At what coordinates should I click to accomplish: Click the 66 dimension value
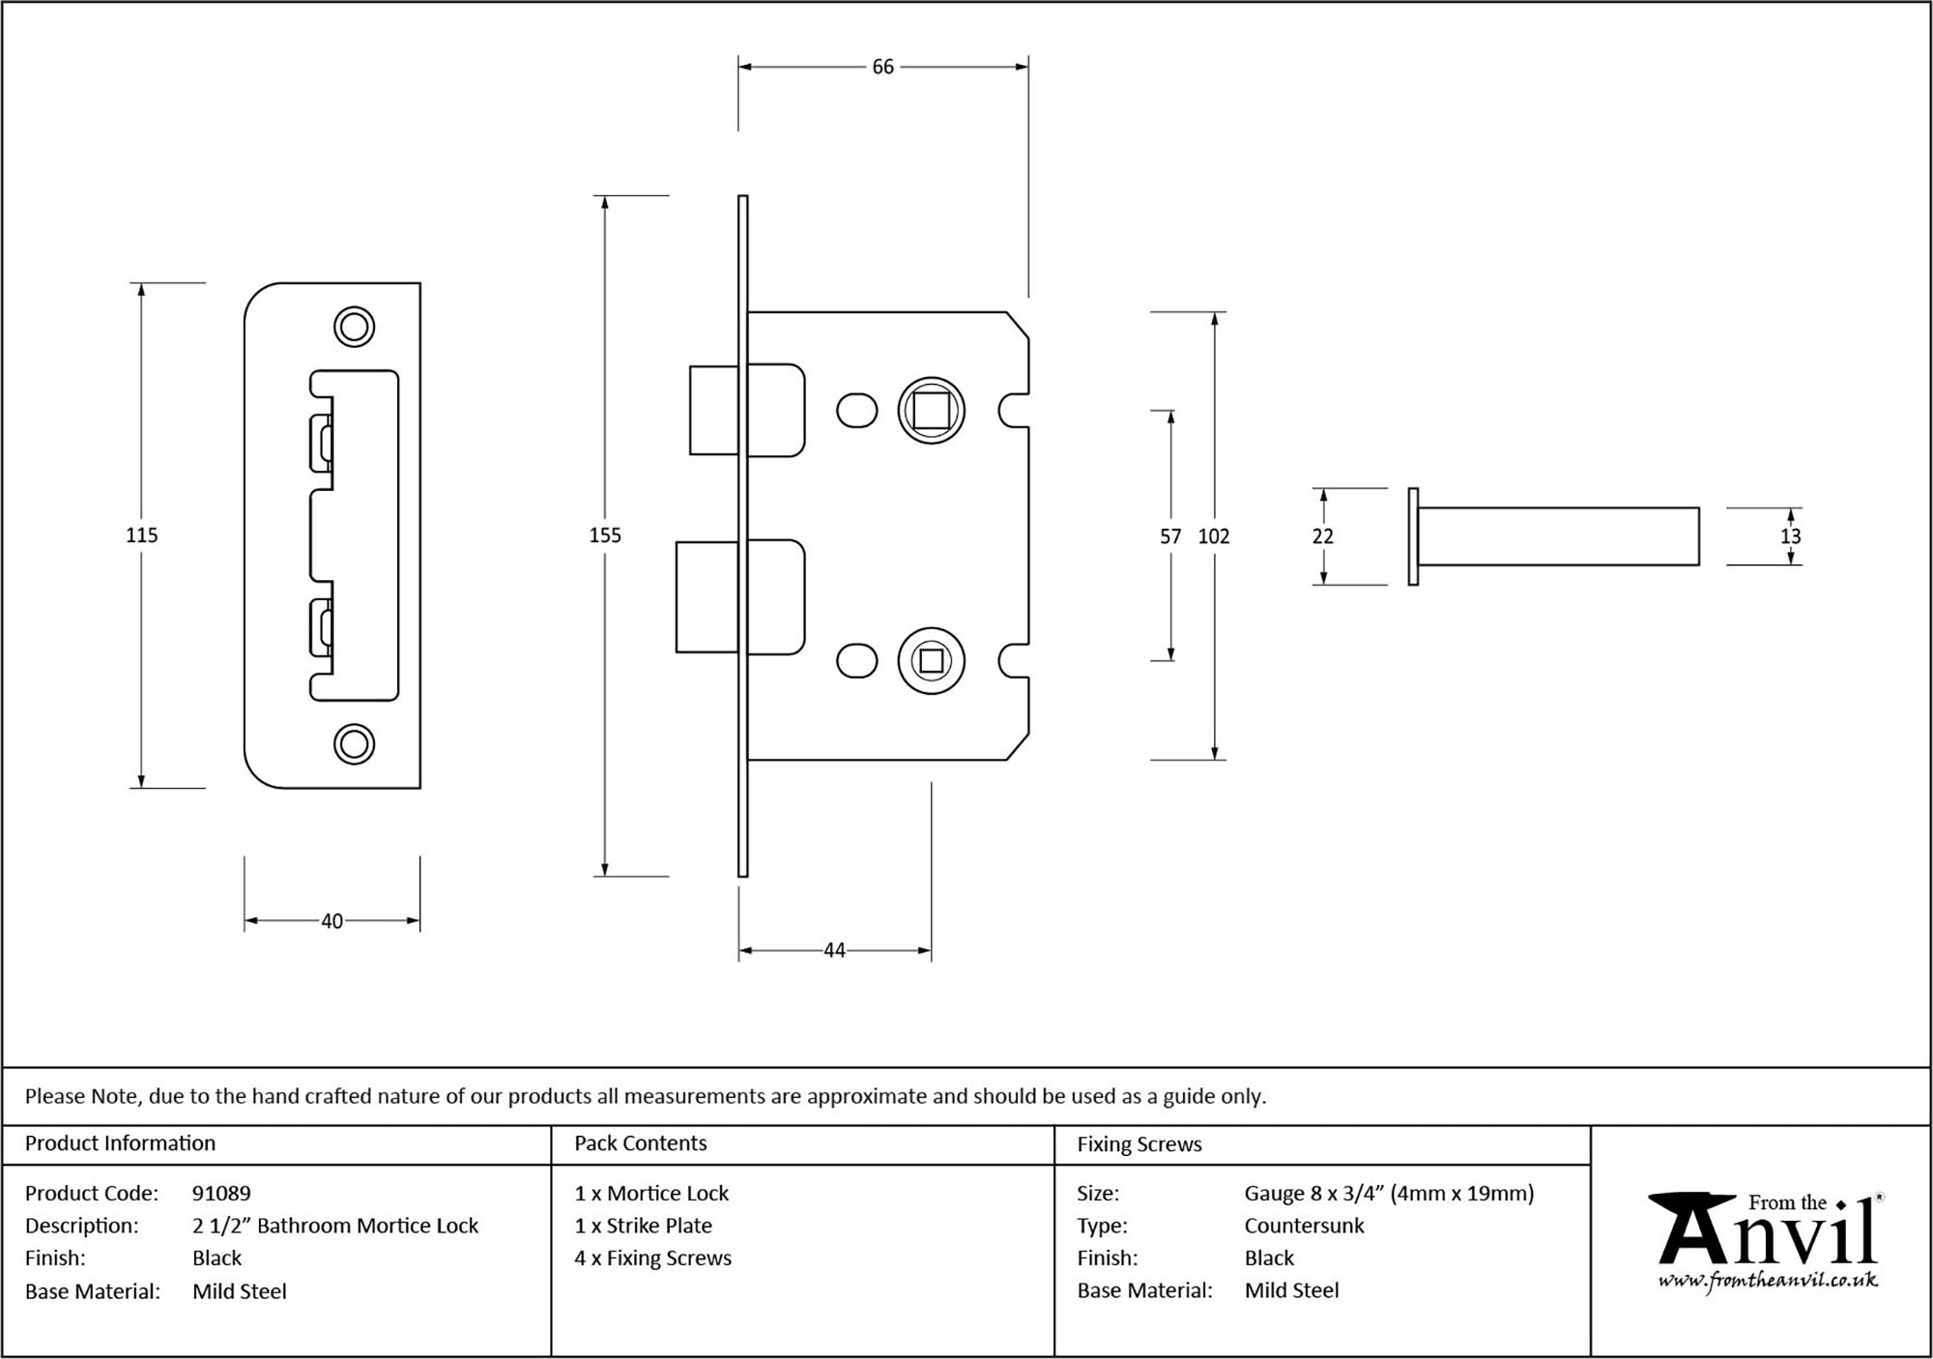coord(882,67)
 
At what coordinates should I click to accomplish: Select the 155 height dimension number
coord(605,535)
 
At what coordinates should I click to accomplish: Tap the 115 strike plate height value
coord(142,535)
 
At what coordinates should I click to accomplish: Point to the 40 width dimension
coord(332,921)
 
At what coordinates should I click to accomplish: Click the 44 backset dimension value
coord(834,951)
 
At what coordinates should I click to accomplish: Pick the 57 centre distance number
coord(1170,536)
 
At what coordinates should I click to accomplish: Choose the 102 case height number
coord(1214,536)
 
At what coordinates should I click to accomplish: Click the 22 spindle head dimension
coord(1323,536)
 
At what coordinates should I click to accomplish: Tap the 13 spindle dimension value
coord(1791,536)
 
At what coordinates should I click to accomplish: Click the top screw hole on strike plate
coord(354,327)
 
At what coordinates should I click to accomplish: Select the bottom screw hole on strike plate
coord(354,744)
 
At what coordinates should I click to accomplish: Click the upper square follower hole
coord(932,411)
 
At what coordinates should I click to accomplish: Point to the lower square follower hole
coord(932,661)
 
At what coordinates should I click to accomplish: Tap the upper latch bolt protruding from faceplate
coord(714,410)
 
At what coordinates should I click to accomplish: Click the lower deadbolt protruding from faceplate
coord(707,596)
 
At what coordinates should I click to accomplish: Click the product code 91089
coord(221,1194)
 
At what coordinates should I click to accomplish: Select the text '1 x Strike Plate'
coord(643,1226)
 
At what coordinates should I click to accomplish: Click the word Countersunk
coord(1304,1226)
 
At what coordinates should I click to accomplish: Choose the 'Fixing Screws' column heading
coord(1140,1144)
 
